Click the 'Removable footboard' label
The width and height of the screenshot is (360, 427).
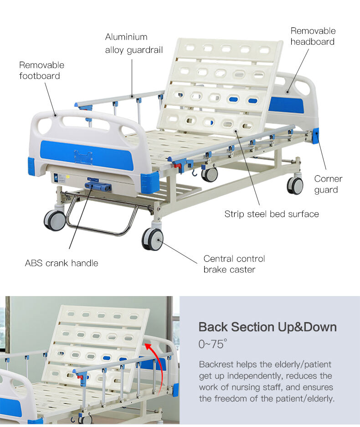(x=41, y=70)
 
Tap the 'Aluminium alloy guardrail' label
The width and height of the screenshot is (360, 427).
(x=134, y=43)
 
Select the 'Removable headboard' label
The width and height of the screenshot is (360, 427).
(x=313, y=36)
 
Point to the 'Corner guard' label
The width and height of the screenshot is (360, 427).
(x=328, y=184)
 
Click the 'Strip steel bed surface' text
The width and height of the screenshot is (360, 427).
(x=272, y=214)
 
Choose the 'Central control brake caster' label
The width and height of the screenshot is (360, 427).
(x=234, y=264)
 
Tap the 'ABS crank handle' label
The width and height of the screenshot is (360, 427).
(x=62, y=263)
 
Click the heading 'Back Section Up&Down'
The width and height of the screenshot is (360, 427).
(x=267, y=327)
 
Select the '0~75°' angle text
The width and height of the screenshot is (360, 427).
(x=212, y=344)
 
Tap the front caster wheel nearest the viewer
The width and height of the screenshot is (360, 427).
(x=152, y=239)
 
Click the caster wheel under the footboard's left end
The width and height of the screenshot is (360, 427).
(x=55, y=220)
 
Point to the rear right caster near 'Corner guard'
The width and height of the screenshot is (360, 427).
(x=295, y=186)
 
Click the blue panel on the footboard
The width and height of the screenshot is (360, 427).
(x=87, y=156)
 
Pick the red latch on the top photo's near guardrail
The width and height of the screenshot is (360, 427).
(x=178, y=165)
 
